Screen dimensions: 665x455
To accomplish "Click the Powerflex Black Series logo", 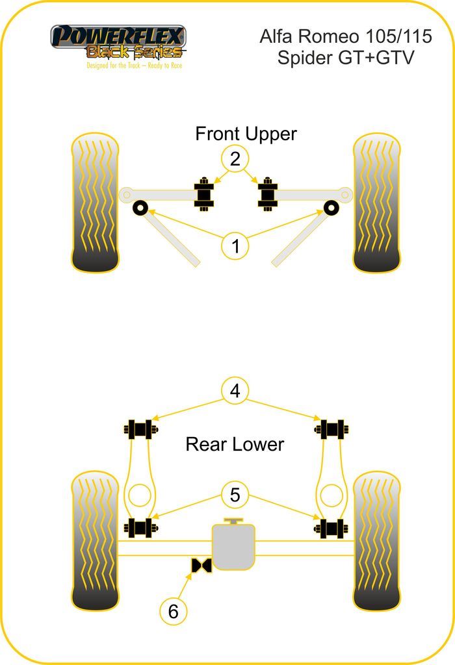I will [119, 45].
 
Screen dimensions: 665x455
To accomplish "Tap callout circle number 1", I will [235, 246].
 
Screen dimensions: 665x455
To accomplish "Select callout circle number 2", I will [235, 158].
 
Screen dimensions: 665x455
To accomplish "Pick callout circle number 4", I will [235, 391].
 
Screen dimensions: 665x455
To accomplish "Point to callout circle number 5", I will [235, 496].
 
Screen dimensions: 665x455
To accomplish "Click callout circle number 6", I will [173, 611].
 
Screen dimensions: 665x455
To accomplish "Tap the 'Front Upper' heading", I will [246, 134].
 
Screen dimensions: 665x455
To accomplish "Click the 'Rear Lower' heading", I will [235, 444].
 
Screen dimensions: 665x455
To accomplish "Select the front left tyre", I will [95, 203].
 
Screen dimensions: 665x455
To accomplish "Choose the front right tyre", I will [377, 203].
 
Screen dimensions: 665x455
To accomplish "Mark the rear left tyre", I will [95, 541].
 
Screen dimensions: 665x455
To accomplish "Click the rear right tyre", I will [377, 541].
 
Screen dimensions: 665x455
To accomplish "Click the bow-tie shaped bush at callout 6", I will [201, 566].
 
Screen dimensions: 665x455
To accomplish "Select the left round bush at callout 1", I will [140, 208].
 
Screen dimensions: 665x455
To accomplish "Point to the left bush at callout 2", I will [205, 193].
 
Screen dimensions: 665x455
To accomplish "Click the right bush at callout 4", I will [332, 429].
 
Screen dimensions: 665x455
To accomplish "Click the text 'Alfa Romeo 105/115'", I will [345, 36].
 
